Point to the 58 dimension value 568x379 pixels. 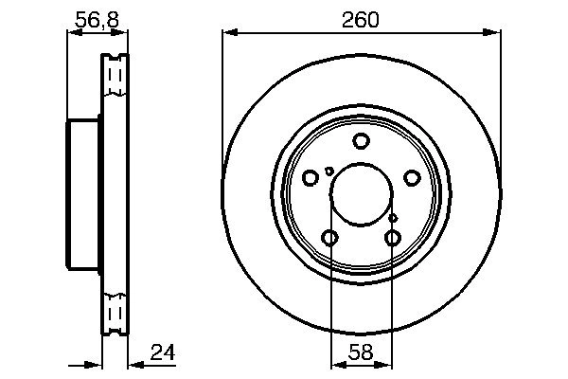pyautogui.click(x=361, y=353)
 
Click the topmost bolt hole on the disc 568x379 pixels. pyautogui.click(x=361, y=142)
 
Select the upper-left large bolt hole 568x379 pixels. pyautogui.click(x=311, y=178)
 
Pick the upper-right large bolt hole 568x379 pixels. pyautogui.click(x=412, y=178)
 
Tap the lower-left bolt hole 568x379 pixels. pyautogui.click(x=329, y=238)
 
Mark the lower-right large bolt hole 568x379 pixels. pyautogui.click(x=393, y=238)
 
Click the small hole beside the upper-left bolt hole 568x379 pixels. pyautogui.click(x=328, y=171)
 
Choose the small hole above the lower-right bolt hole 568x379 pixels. pyautogui.click(x=393, y=218)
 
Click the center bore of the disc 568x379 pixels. pyautogui.click(x=361, y=194)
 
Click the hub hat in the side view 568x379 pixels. pyautogui.click(x=83, y=194)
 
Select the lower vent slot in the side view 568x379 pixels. pyautogui.click(x=115, y=314)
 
